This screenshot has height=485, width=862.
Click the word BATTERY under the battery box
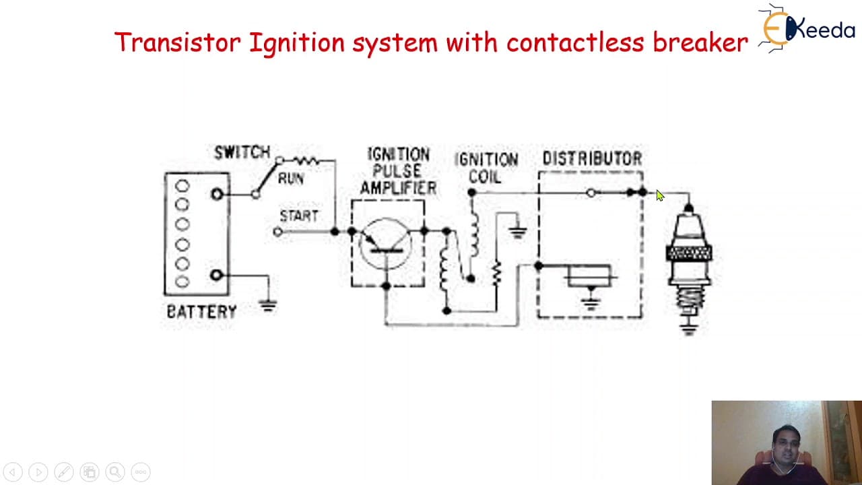click(x=201, y=311)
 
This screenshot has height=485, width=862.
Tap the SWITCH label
click(x=242, y=152)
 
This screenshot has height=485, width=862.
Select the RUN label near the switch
click(x=291, y=179)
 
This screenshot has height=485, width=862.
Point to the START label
click(x=299, y=216)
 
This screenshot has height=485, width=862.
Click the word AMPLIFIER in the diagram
click(x=398, y=188)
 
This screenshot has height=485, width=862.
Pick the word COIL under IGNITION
click(x=485, y=176)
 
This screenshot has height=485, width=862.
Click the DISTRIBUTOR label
click(x=592, y=158)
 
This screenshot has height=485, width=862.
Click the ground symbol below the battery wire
click(x=268, y=306)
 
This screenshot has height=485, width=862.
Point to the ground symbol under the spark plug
click(x=689, y=330)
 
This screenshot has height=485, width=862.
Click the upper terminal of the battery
click(x=217, y=194)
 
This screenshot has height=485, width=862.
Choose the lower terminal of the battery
click(x=217, y=275)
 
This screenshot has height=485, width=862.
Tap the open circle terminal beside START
click(x=278, y=232)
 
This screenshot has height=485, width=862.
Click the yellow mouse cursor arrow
click(x=660, y=195)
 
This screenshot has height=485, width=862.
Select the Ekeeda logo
click(x=807, y=28)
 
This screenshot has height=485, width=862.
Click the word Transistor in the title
click(x=178, y=42)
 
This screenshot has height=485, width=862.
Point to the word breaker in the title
click(x=700, y=42)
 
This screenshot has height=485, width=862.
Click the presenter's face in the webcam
click(x=787, y=448)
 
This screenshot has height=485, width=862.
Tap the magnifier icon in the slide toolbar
click(x=115, y=472)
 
